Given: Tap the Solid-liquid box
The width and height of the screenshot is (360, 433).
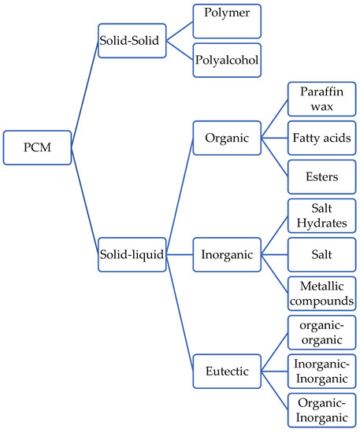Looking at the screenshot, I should tap(131, 256).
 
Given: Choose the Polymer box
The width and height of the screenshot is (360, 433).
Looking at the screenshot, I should tap(226, 20).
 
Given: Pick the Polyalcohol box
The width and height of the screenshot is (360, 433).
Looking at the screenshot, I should tap(226, 61).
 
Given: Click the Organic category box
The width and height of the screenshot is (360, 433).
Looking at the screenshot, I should tap(227, 139).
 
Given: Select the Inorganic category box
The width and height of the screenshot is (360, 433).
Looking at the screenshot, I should tap(227, 255).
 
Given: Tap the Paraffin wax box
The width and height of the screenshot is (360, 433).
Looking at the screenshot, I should tap(321, 100).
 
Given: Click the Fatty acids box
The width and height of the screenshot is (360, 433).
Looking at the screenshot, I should tap(321, 139).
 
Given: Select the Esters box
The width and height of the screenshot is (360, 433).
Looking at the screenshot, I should tap(321, 177).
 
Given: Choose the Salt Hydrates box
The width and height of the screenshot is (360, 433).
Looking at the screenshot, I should tap(321, 216).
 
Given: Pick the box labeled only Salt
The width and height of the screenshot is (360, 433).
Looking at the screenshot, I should tap(321, 255).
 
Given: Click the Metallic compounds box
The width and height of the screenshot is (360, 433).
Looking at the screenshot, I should tap(321, 294).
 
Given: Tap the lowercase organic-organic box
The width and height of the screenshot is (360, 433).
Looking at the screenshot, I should tap(321, 333).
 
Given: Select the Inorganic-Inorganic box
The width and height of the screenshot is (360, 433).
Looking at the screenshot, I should tap(321, 372).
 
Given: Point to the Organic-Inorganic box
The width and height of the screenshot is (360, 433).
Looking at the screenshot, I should tap(321, 410).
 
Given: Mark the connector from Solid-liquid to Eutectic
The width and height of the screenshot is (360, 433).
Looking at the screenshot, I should tap(180, 313).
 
